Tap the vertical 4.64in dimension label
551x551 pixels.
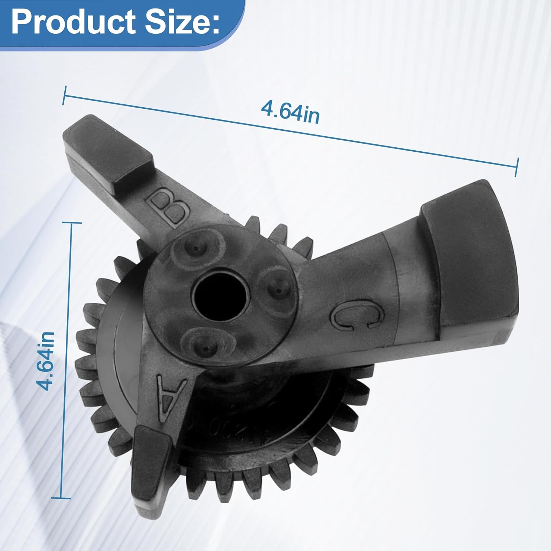(x=47, y=361)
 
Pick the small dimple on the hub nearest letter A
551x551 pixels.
(x=203, y=345)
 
